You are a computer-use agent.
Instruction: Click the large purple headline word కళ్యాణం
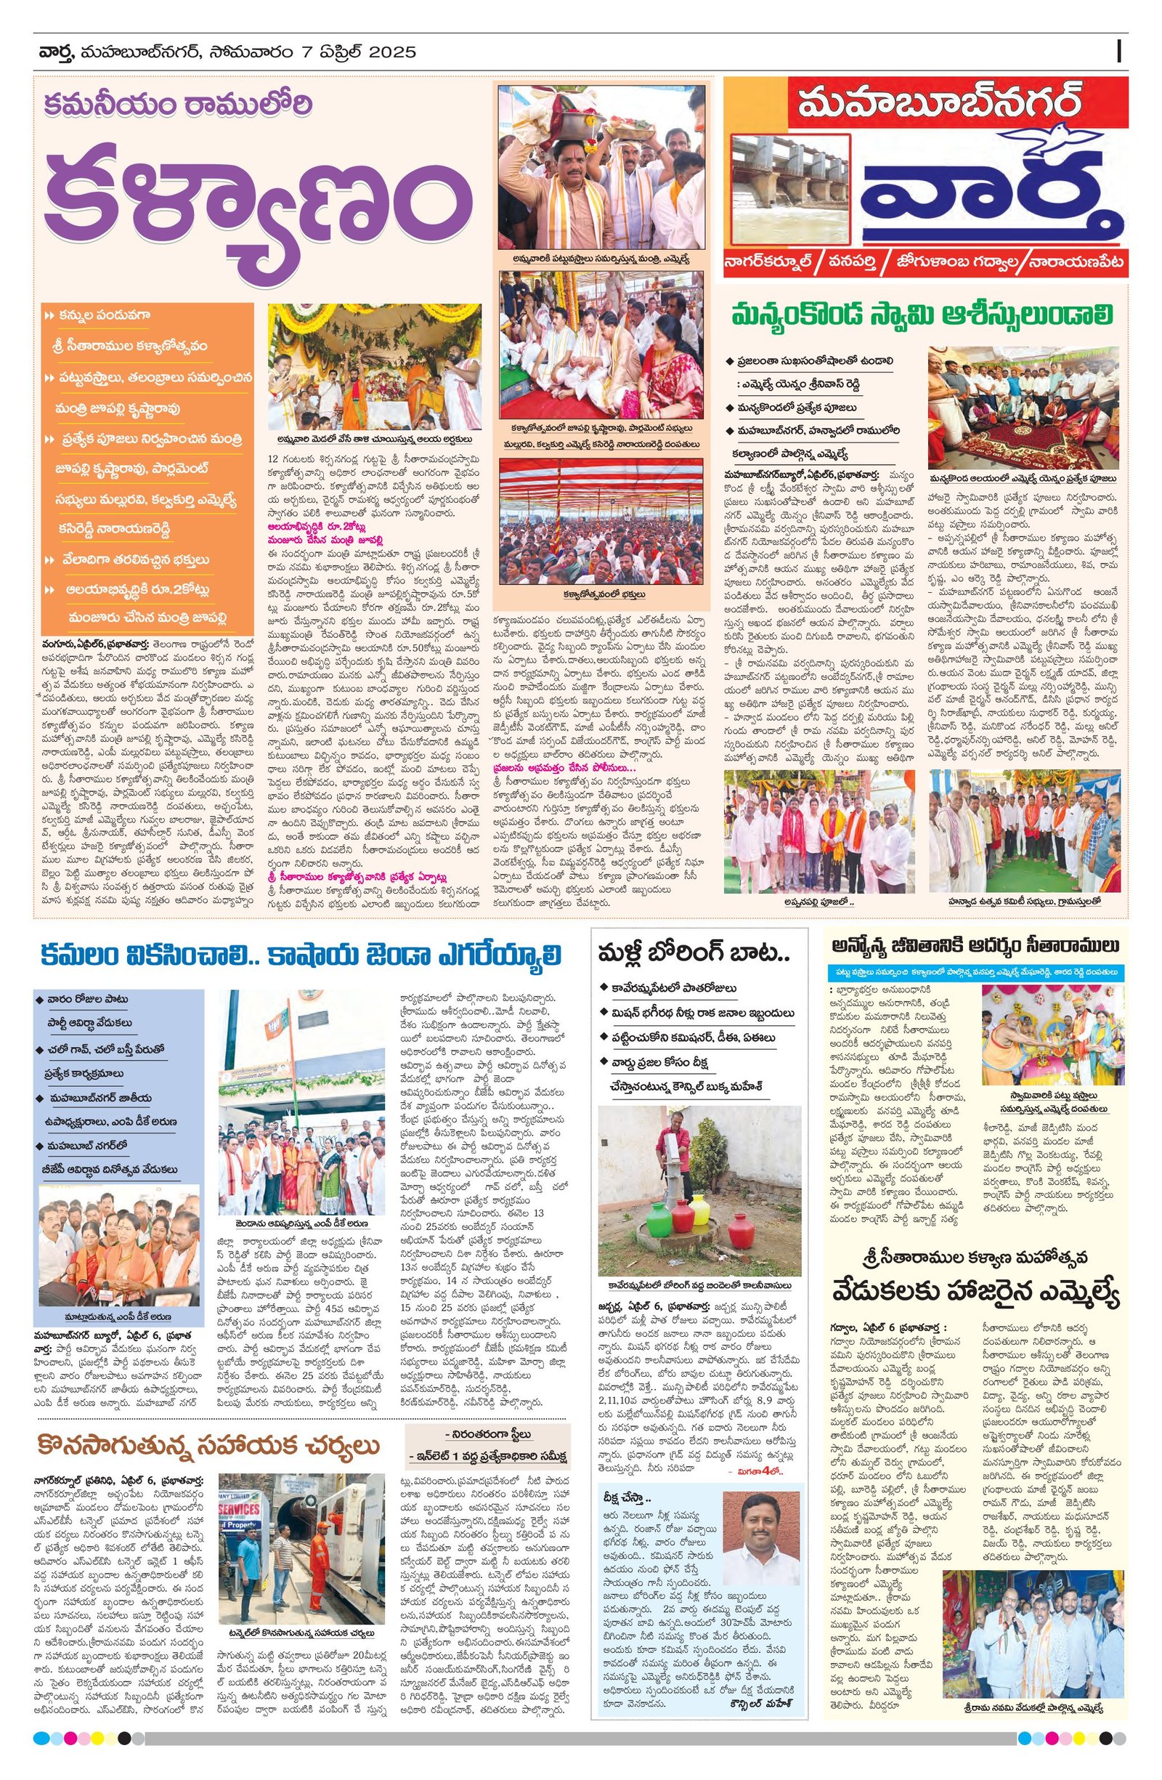pos(258,209)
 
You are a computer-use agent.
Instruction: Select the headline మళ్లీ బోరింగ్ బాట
pos(694,955)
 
